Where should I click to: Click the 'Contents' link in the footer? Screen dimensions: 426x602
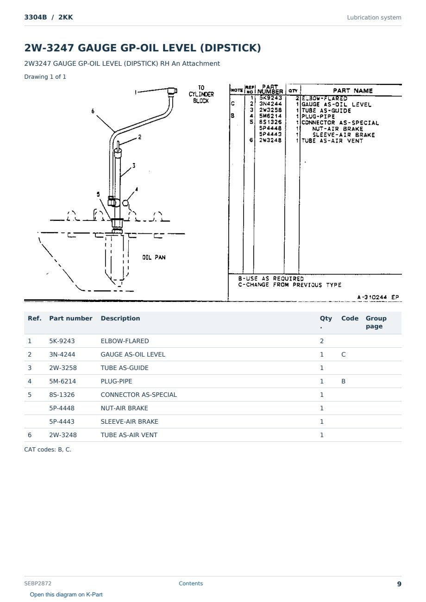pos(191,583)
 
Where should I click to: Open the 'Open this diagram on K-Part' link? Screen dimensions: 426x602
pos(66,594)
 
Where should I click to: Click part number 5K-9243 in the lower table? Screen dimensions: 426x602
pos(62,341)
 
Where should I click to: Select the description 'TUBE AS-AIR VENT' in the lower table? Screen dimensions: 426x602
pos(129,435)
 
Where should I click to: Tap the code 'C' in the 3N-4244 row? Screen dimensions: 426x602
pos(343,354)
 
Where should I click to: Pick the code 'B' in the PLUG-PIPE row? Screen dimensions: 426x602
pos(343,381)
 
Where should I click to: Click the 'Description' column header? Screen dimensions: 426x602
pos(120,318)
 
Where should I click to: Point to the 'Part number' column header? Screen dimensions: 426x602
pos(71,318)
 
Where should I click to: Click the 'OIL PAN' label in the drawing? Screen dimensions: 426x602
pos(154,257)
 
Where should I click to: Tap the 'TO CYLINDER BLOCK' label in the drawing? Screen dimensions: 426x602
pos(201,94)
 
